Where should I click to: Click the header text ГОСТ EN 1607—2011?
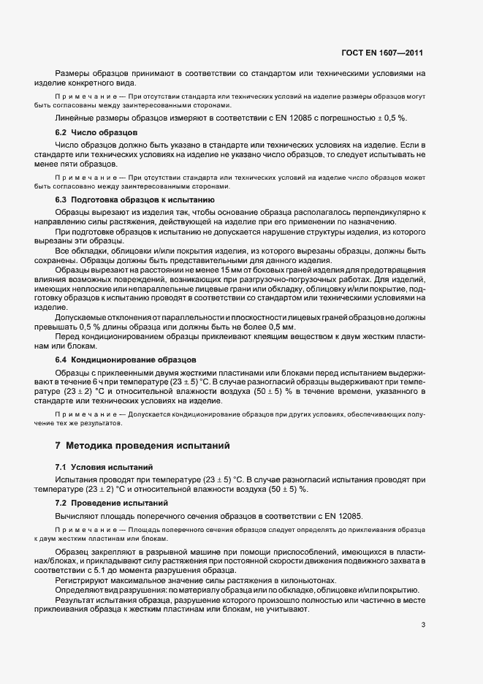click(x=382, y=53)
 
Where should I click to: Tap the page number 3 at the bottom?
click(x=423, y=625)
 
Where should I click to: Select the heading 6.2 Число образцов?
click(x=95, y=132)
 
